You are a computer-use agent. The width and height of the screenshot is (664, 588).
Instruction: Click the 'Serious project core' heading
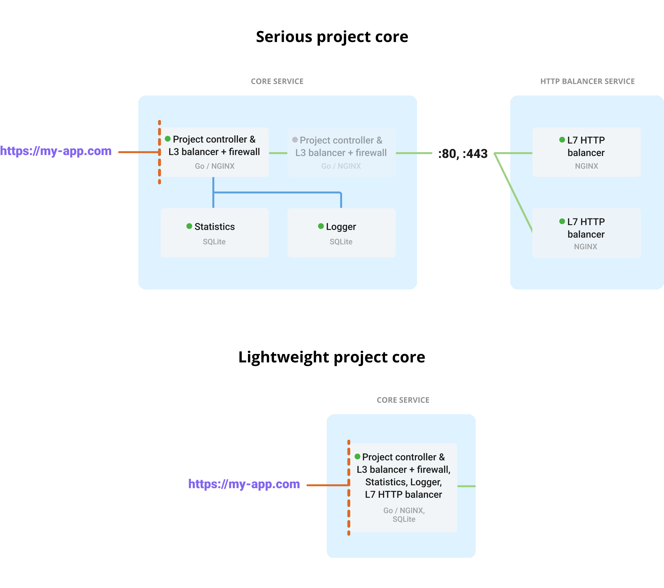point(332,37)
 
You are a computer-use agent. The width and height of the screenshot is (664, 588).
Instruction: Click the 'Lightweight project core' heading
point(332,357)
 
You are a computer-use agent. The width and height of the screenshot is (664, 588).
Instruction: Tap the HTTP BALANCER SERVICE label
point(587,81)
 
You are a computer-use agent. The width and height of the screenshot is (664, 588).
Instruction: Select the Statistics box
point(214,232)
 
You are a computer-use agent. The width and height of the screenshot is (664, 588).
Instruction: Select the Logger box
point(341,232)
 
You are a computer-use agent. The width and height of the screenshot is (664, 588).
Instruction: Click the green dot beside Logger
point(321,226)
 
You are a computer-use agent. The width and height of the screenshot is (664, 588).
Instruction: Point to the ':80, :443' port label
point(463,154)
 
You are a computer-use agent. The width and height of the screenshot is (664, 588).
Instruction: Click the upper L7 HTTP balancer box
point(586,152)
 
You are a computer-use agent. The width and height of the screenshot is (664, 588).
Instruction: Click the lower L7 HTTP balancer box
point(586,232)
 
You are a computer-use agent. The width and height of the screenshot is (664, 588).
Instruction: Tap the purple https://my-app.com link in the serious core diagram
point(56,151)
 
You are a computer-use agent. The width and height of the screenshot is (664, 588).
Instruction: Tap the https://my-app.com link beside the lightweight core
point(244,484)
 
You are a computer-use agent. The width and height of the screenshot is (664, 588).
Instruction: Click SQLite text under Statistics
point(214,242)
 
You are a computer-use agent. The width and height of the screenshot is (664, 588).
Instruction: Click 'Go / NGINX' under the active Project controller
point(214,166)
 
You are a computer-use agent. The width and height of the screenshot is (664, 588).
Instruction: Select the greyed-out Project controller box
point(341,152)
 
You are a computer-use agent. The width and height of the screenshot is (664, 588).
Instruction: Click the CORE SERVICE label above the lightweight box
point(403,400)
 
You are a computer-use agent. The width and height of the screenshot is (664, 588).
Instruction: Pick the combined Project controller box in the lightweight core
point(403,487)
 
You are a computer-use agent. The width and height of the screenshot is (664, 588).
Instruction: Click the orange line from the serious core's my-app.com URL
point(138,152)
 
